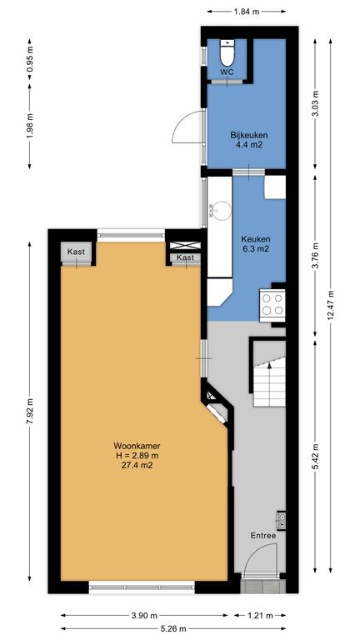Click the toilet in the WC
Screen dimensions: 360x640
[x=227, y=52]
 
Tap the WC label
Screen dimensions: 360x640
[x=227, y=72]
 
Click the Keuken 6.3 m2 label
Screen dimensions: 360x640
[x=255, y=244]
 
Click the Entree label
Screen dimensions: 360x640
[x=263, y=536]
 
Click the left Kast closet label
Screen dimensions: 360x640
[x=77, y=252]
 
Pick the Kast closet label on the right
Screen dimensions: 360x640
[x=186, y=257]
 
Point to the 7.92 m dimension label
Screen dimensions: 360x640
[x=29, y=412]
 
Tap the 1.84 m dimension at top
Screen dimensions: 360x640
[x=247, y=12]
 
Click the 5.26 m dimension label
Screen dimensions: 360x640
[x=173, y=629]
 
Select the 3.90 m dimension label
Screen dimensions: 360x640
[x=144, y=616]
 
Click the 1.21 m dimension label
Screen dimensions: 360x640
[x=260, y=616]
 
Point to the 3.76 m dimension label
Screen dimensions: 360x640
[x=315, y=256]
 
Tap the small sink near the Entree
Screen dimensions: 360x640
[x=281, y=518]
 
